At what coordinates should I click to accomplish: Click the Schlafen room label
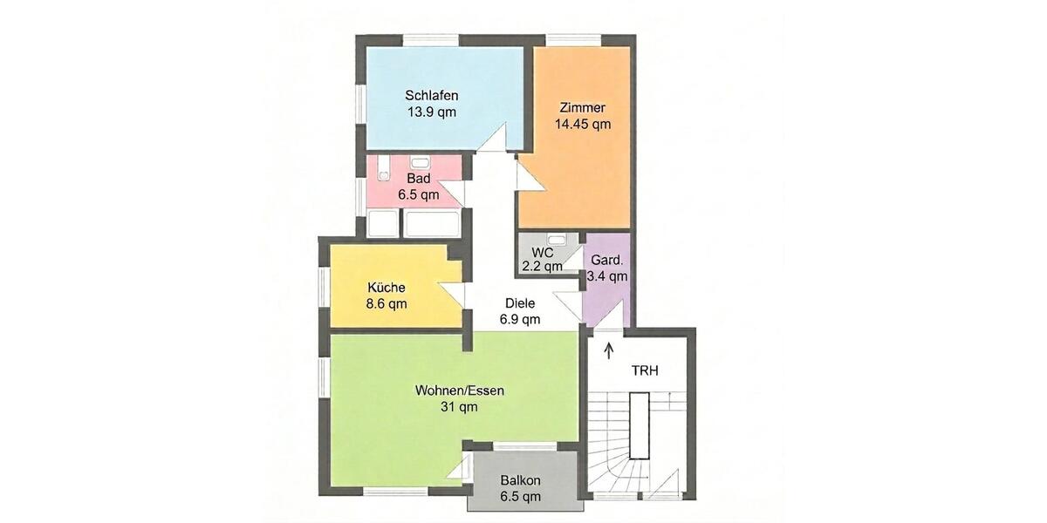[431, 96]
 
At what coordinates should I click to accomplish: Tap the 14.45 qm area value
[582, 124]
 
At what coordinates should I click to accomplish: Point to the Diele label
[519, 303]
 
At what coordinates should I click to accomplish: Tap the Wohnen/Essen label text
[458, 391]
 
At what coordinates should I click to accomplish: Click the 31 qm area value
[458, 406]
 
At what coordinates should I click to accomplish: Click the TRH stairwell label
[645, 370]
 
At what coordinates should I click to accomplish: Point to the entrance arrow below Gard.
[609, 350]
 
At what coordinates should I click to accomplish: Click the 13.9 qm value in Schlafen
[431, 112]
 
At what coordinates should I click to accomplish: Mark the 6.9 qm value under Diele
[519, 319]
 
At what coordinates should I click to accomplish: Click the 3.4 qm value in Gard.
[606, 276]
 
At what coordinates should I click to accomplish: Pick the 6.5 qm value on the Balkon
[521, 496]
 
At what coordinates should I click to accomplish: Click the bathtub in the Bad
[429, 223]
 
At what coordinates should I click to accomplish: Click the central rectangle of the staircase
[641, 425]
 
